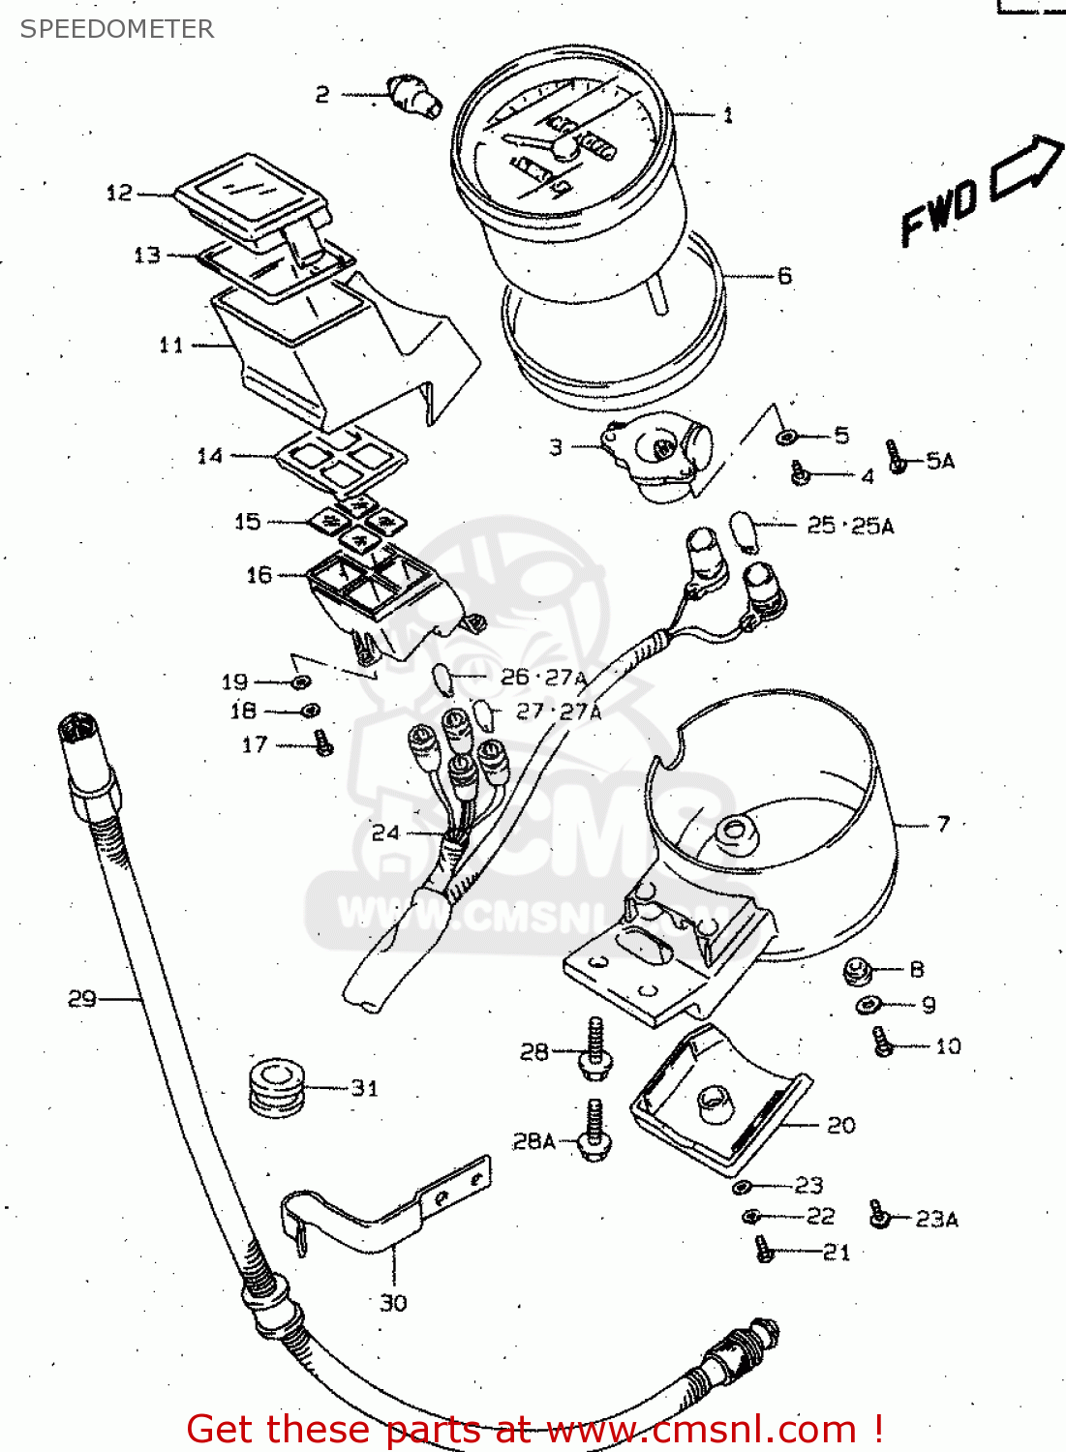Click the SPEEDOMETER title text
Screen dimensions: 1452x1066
116,29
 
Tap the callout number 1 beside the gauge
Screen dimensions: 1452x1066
728,115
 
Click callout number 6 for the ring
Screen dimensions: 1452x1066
784,276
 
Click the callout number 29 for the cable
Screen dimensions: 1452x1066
82,998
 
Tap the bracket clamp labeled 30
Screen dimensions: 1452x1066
387,1210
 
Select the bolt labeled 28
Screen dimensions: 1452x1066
594,1049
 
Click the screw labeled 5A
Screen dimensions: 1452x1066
895,456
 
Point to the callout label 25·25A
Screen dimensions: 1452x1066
850,526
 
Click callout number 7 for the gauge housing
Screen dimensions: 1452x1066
943,825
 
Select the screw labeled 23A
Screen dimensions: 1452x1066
879,1215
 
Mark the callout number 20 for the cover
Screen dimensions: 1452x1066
840,1125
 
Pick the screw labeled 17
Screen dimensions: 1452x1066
323,743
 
